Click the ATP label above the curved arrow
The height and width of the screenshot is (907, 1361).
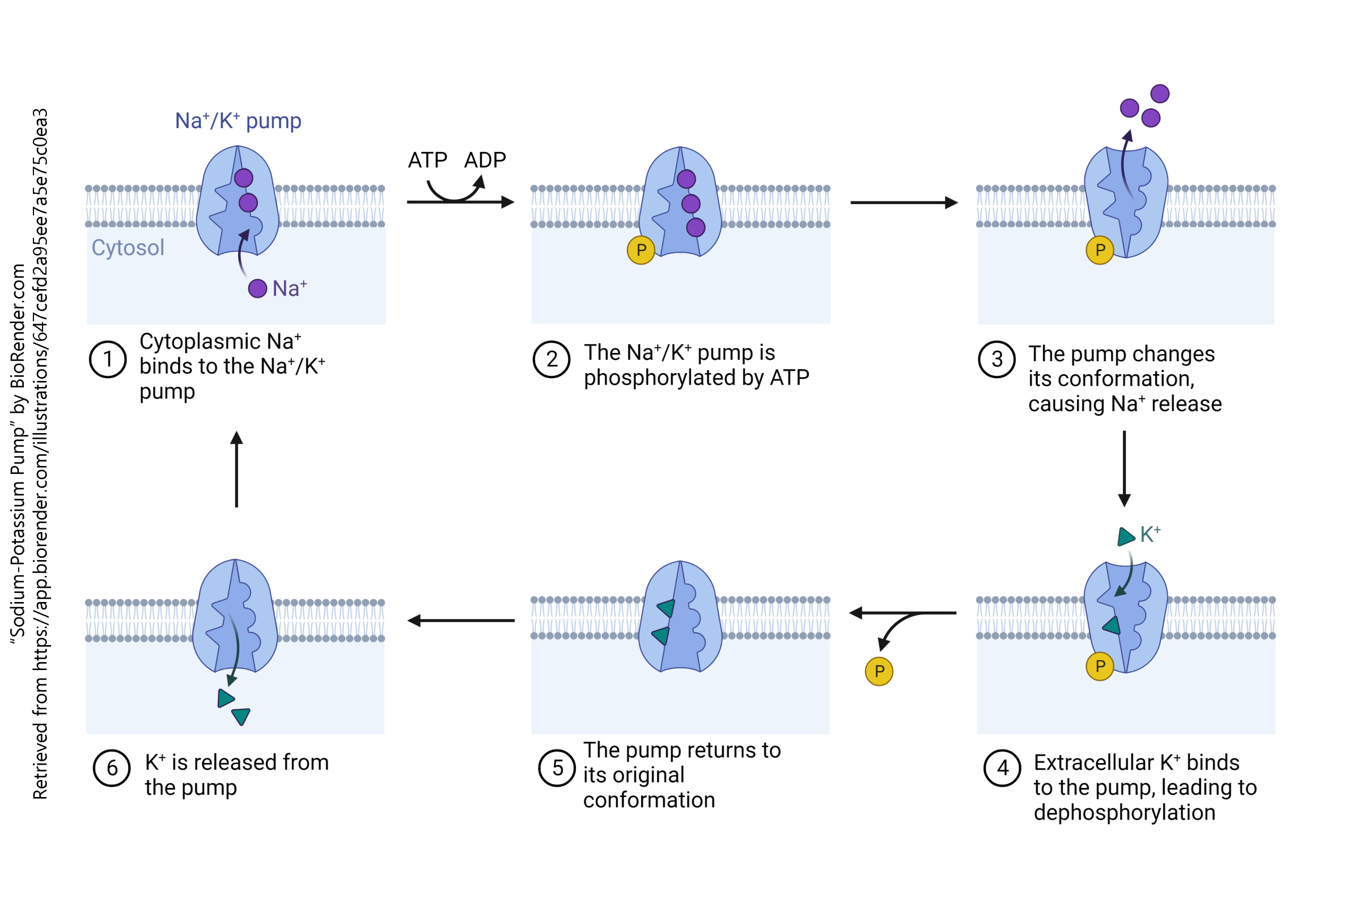point(427,160)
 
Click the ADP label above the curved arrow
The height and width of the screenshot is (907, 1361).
point(485,160)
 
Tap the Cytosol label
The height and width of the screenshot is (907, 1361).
point(128,248)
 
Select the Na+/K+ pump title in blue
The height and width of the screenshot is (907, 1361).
point(238,121)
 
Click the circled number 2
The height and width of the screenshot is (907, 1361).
point(551,359)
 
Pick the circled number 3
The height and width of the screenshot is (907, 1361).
point(996,359)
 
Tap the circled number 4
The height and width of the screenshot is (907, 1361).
point(1002,768)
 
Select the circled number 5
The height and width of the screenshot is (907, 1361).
point(557,768)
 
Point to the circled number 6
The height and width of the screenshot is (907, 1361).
point(112,768)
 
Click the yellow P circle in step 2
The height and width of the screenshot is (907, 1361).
point(641,250)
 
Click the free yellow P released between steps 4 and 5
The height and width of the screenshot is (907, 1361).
point(879,672)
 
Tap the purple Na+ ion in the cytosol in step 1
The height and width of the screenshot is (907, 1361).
point(257,288)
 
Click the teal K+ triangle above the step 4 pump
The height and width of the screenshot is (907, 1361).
point(1125,536)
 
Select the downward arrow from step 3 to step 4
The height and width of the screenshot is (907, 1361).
point(1124,469)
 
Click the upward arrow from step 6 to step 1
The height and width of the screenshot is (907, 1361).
point(237,469)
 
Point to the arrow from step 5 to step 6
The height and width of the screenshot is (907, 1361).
point(461,621)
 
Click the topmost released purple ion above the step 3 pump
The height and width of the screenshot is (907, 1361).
point(1160,94)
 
